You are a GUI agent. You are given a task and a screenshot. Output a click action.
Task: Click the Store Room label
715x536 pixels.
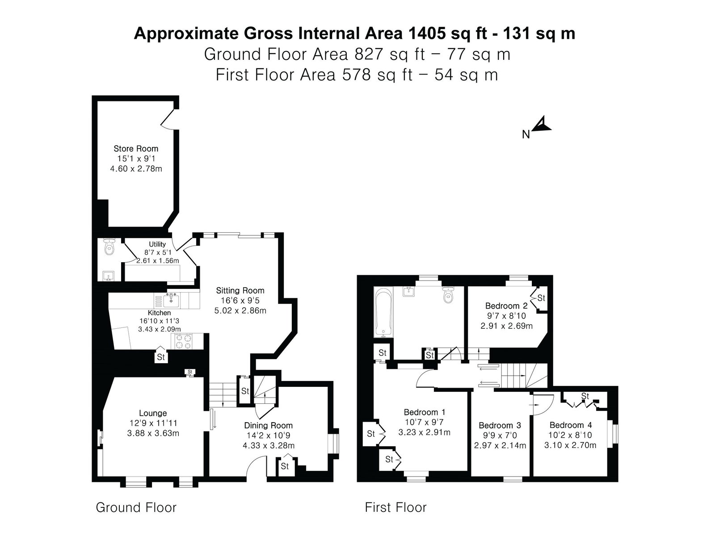[x=136, y=149]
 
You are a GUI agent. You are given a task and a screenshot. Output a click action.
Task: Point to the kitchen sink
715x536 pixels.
[x=171, y=300]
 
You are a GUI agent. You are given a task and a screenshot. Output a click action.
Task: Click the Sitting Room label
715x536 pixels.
[x=240, y=290]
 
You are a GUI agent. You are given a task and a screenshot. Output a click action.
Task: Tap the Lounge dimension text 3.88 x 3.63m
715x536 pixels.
[x=153, y=433]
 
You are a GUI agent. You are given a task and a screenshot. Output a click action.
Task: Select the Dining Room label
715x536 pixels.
[x=269, y=425]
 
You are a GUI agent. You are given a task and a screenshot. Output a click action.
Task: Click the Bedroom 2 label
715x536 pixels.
[x=506, y=306]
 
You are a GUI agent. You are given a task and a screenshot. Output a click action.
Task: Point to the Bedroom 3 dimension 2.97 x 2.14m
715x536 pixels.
[x=500, y=445]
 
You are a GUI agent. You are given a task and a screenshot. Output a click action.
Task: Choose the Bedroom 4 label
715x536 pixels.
[x=571, y=425]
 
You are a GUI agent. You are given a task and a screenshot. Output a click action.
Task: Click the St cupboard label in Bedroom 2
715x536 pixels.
[x=541, y=298]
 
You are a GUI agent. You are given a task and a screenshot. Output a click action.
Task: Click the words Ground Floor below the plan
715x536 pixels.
[x=136, y=507]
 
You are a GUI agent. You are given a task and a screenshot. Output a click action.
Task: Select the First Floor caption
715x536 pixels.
[x=395, y=507]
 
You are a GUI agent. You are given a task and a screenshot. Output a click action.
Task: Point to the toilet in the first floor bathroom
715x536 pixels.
[x=448, y=294]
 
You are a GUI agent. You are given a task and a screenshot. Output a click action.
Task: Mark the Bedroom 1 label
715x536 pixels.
[x=425, y=412]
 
